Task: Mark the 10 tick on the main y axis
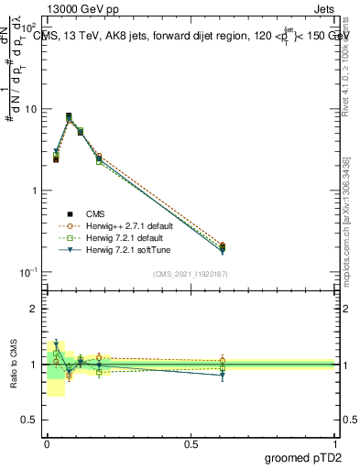pos(30,109)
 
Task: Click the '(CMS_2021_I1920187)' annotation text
pos(191,274)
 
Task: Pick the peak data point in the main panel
pos(69,117)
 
